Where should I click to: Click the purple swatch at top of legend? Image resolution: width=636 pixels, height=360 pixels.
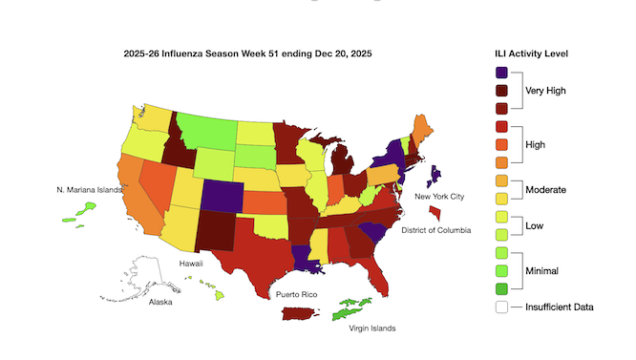click(502, 73)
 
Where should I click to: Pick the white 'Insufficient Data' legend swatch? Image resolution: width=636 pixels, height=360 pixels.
click(502, 307)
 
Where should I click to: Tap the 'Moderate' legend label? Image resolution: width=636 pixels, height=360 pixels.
click(546, 190)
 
